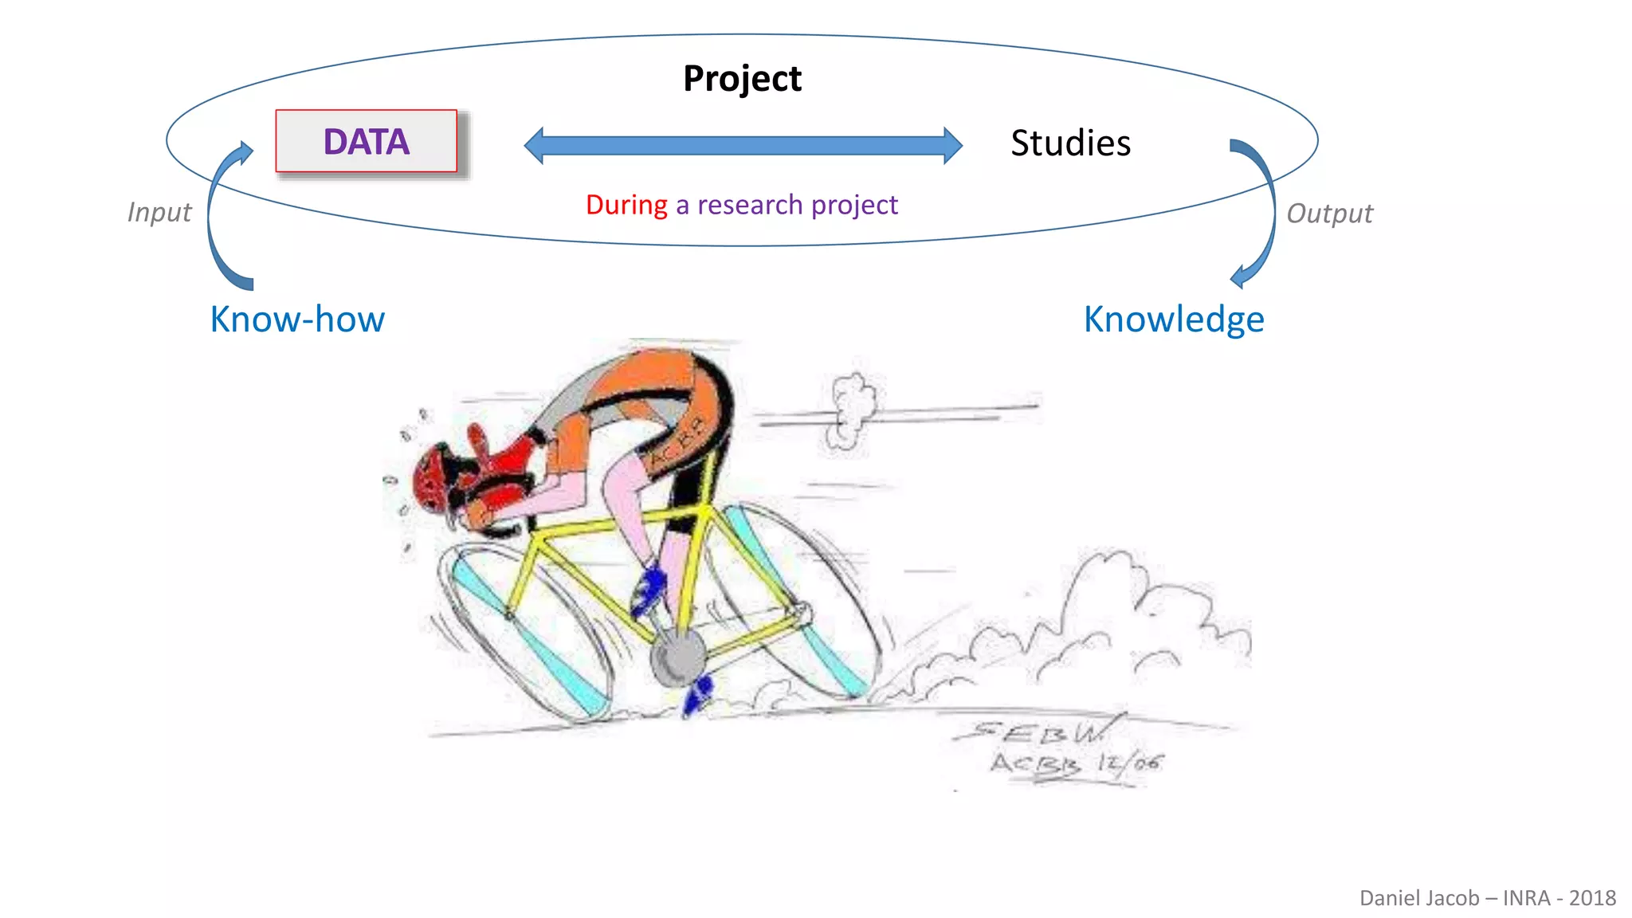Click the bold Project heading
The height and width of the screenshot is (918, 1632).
click(742, 78)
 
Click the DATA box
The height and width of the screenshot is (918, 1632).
click(367, 142)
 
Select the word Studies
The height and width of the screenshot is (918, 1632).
click(1070, 143)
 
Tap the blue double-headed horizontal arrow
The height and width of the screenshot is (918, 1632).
click(743, 145)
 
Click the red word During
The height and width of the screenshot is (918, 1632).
click(626, 205)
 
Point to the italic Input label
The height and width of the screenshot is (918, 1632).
click(159, 212)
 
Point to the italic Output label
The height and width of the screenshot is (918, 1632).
click(1329, 214)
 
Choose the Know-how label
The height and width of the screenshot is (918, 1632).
click(297, 319)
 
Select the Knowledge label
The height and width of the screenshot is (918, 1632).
click(1174, 319)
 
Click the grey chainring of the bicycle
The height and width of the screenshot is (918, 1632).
click(678, 657)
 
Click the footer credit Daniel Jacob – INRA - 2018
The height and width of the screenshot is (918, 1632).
click(1487, 898)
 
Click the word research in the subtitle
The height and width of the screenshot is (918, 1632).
click(750, 205)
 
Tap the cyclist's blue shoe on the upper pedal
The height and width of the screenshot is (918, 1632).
click(649, 590)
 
